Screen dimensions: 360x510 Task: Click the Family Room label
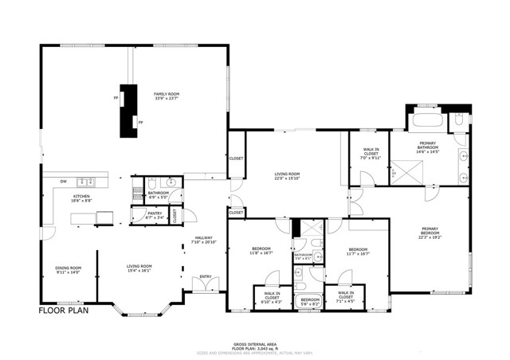click(x=165, y=96)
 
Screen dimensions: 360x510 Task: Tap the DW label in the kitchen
click(x=62, y=181)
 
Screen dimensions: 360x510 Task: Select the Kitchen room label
click(x=82, y=198)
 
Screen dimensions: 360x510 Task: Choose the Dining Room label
click(x=69, y=268)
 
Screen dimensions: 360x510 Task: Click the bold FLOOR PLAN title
click(x=65, y=310)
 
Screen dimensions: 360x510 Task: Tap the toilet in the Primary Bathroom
click(x=457, y=122)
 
